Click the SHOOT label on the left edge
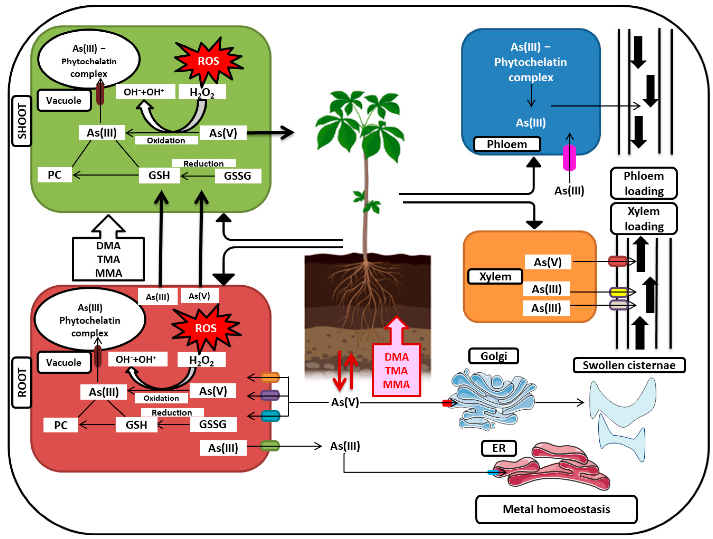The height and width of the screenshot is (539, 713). coord(22,121)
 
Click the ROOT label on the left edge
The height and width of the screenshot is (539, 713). coord(22,382)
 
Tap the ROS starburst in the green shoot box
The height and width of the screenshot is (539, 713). coord(208,61)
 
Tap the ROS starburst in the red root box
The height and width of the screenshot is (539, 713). coord(206,328)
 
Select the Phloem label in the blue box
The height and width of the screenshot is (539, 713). coord(507,144)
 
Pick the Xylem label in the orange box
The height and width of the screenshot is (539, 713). coord(495,277)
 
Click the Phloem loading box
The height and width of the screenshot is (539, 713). coord(644,183)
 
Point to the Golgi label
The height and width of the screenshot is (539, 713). coord(493,356)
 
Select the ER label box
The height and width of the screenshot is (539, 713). coord(499,448)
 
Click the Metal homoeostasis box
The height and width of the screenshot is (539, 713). coord(556,509)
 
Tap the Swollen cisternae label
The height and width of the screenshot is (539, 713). coord(629,365)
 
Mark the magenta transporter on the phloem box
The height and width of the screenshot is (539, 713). coord(569,158)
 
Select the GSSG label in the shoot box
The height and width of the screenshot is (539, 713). coord(237,176)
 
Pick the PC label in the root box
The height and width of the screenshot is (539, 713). coord(61,425)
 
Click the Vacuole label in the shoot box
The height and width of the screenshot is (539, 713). coord(64,101)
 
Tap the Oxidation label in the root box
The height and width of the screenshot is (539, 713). coord(161,398)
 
